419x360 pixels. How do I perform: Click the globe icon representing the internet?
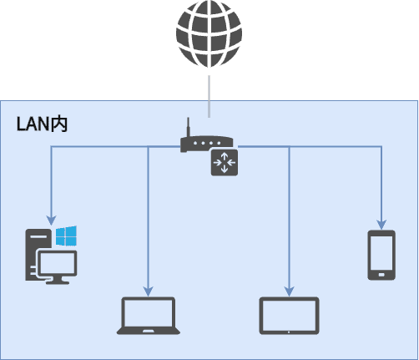coord(209,33)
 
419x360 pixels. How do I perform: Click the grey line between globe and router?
coord(209,96)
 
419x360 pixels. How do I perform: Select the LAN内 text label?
coord(42,124)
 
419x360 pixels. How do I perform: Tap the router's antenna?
coord(189,127)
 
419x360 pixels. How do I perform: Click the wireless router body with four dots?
coord(206,144)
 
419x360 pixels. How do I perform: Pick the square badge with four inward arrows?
coord(225,163)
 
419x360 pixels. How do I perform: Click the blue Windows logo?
coord(66,236)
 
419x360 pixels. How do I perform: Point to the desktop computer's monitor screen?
coord(58,263)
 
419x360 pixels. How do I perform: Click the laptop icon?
coord(149,316)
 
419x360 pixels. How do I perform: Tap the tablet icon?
coord(289,316)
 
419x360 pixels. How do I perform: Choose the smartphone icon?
coord(381,255)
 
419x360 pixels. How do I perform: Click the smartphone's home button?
coord(381,275)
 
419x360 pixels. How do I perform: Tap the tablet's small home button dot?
coord(289,332)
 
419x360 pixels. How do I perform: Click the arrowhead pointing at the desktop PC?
coord(52,221)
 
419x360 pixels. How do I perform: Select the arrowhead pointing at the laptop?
coord(149,292)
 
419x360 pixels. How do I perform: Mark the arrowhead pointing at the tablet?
coord(290,292)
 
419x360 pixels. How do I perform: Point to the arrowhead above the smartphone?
coord(381,225)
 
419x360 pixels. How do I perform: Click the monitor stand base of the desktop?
coord(58,282)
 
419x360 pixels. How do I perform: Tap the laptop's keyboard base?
coord(149,331)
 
